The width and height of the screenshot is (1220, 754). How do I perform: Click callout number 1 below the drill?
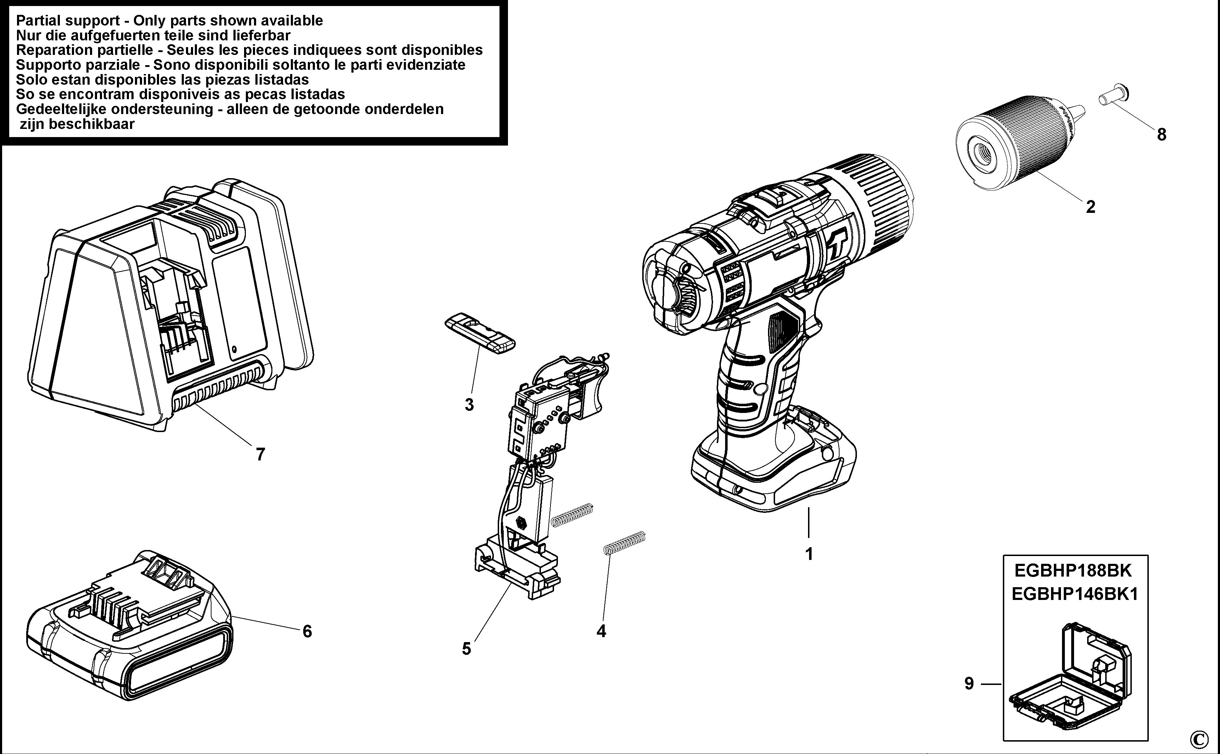click(809, 554)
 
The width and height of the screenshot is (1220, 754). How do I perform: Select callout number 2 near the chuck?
click(1090, 206)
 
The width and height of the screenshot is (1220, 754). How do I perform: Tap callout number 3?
click(469, 404)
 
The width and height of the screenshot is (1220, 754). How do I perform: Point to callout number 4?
click(601, 631)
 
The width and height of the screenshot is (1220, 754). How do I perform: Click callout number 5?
click(466, 649)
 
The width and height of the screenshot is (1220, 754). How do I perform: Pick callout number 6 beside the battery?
click(307, 631)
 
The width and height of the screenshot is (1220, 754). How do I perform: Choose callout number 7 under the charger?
click(260, 454)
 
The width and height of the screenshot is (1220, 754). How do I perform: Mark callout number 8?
click(1162, 134)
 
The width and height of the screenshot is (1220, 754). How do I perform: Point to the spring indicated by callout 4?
click(624, 543)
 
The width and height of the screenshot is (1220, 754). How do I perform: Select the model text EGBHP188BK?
click(1075, 570)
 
